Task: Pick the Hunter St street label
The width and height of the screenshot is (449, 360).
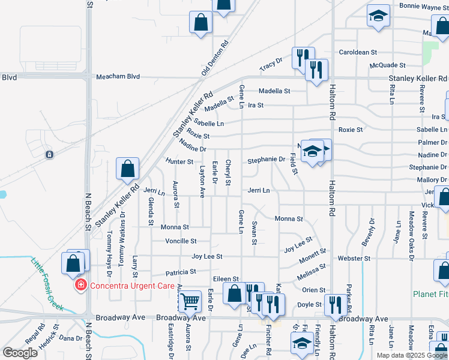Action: click(179, 161)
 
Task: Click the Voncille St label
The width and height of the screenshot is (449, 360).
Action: click(181, 241)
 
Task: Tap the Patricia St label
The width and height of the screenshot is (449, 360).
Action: click(181, 272)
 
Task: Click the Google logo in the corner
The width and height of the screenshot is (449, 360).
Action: click(20, 353)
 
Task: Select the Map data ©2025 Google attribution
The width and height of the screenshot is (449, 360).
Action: click(412, 355)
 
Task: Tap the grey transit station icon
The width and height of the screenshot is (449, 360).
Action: click(49, 154)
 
